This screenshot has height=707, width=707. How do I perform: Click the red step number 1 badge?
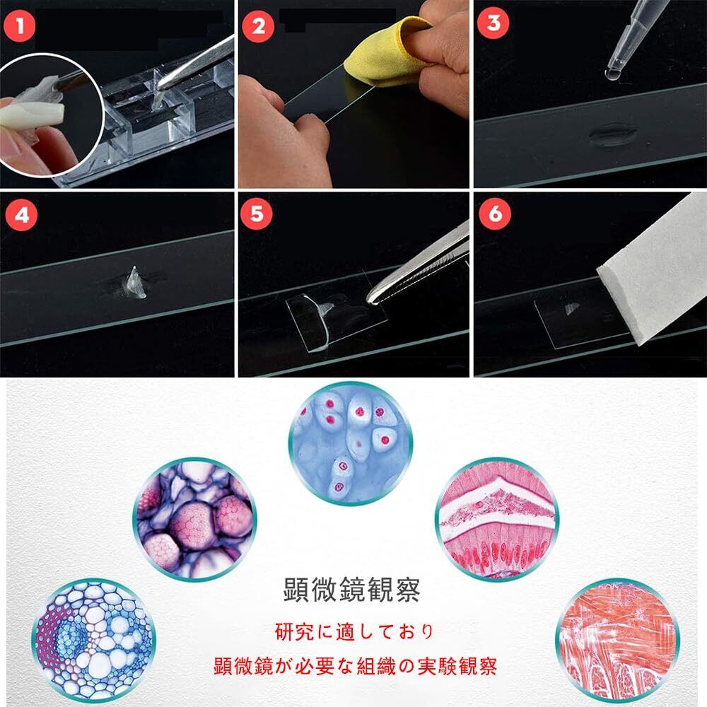click(x=19, y=26)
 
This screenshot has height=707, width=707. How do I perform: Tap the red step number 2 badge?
click(x=258, y=26)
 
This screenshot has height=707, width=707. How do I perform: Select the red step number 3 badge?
click(x=493, y=23)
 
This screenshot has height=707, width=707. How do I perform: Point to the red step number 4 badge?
click(x=22, y=215)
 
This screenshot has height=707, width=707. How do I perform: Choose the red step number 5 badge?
click(x=256, y=213)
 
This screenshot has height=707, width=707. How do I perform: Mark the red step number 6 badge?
click(x=495, y=213)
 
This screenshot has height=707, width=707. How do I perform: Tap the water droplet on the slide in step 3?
click(x=612, y=135)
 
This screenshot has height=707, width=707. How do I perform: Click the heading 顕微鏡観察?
click(x=351, y=590)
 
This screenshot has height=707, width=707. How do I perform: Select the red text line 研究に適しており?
click(x=354, y=631)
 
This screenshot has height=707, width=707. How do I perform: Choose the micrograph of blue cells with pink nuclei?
click(x=350, y=443)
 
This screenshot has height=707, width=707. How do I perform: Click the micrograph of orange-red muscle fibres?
click(x=617, y=641)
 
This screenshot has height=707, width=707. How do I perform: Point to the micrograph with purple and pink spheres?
click(x=195, y=519)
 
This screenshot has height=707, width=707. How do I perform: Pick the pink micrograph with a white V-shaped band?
click(x=497, y=519)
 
